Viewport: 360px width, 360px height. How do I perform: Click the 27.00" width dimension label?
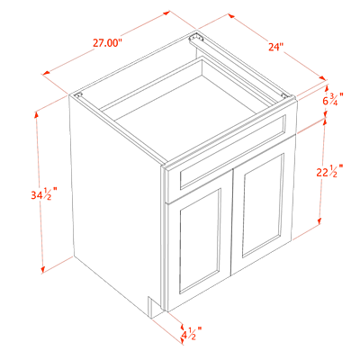(107, 43)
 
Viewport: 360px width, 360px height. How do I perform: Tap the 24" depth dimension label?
(276, 47)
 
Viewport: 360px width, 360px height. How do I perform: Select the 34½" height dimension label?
(44, 195)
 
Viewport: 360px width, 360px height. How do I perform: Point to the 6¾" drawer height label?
(333, 99)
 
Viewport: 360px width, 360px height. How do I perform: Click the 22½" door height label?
(329, 171)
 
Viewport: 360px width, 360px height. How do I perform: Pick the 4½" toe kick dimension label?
(191, 333)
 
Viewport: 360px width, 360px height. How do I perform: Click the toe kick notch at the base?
(155, 307)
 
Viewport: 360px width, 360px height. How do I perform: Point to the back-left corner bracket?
(79, 95)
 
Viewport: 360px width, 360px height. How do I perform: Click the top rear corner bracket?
(195, 38)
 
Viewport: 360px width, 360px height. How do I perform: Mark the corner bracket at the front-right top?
(285, 95)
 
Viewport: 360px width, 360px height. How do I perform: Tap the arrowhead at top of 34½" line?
(37, 115)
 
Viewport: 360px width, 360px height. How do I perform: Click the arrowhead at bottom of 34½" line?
(43, 269)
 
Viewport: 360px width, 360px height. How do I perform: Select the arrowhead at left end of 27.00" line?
(47, 73)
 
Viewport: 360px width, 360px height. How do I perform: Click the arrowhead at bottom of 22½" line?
(319, 220)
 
